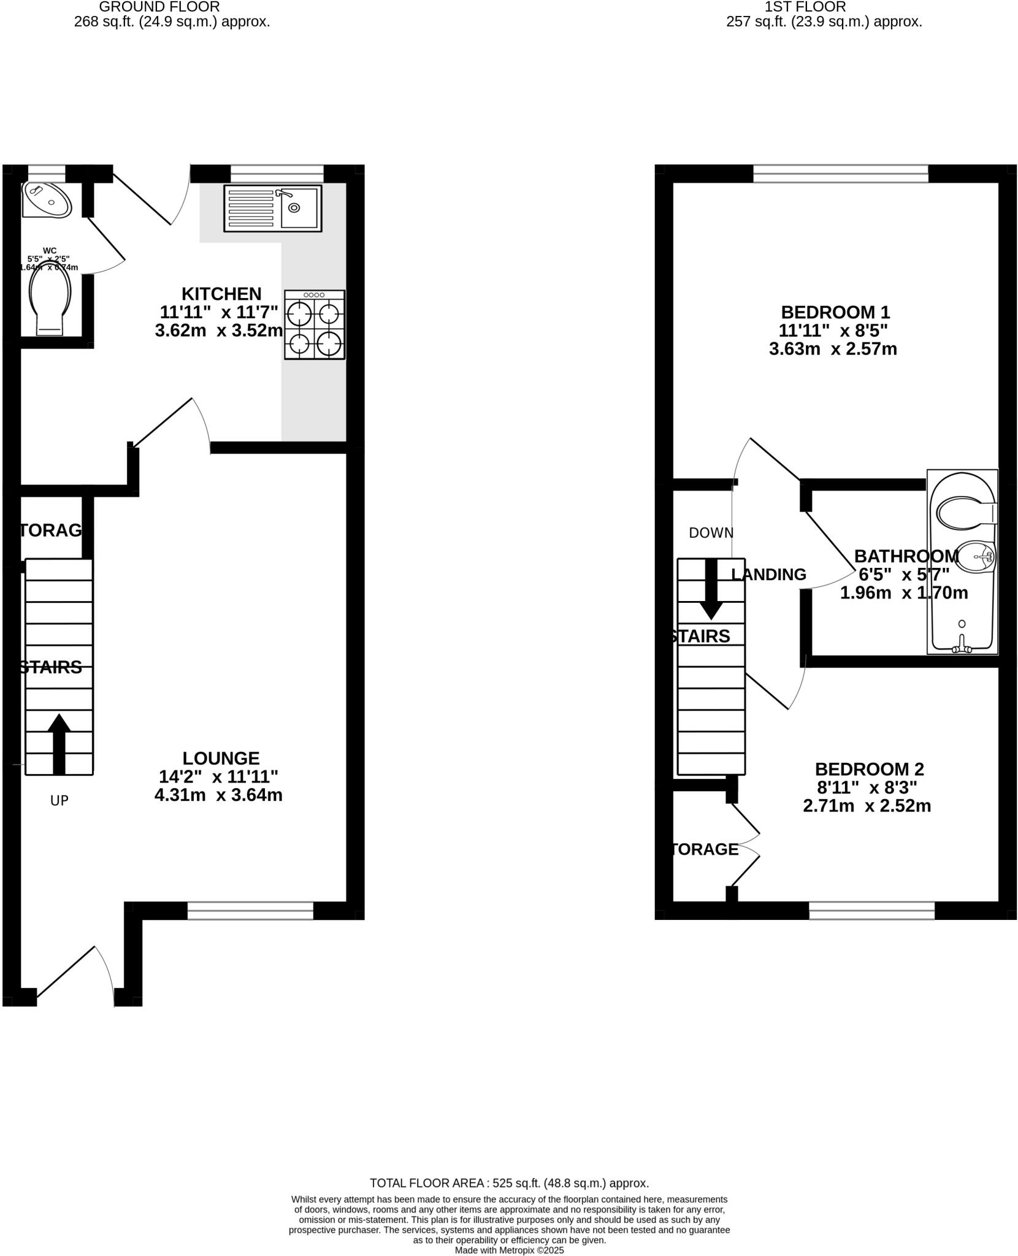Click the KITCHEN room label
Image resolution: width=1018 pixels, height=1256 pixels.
point(221,294)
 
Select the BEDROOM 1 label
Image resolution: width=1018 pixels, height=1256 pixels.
point(833,312)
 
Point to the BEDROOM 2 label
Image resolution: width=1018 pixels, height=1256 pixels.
point(869,769)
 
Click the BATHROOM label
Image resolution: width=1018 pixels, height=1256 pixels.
point(906,556)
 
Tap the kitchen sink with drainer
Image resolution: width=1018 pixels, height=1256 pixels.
point(273,208)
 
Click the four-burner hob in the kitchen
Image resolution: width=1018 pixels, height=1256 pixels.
point(315,324)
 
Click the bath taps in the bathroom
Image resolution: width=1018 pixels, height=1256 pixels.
point(962,646)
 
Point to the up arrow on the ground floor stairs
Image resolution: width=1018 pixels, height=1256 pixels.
point(59,743)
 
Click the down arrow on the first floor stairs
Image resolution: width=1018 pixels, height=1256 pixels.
point(711,590)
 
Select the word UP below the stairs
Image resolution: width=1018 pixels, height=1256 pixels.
point(59,800)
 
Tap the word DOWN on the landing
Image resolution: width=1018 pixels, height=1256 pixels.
point(711,533)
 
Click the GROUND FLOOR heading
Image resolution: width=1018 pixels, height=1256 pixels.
point(159,7)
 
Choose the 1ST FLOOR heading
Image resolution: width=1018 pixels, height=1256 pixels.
point(805,7)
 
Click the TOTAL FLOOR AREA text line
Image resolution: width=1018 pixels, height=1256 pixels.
point(509,1183)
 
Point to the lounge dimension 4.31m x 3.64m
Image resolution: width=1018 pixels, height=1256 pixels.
point(218,795)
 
